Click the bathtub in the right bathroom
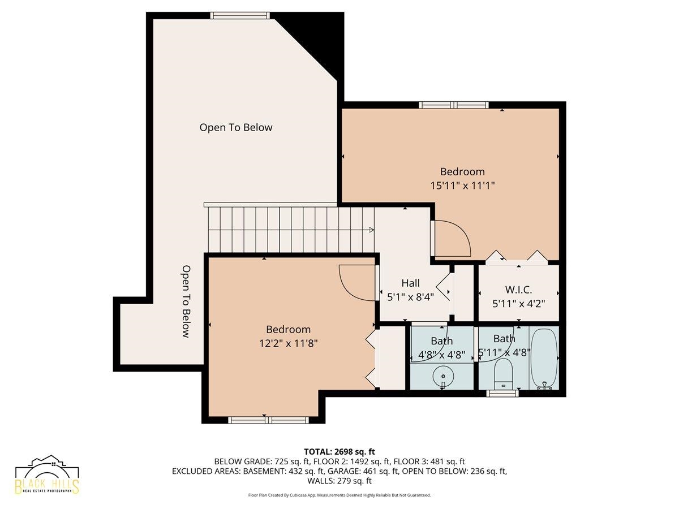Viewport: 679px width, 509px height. (x=544, y=359)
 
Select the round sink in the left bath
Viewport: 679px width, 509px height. (x=443, y=376)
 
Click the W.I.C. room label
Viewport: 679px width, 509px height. (x=518, y=290)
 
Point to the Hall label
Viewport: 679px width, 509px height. (x=410, y=283)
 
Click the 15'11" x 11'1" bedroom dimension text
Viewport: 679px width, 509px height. (x=462, y=186)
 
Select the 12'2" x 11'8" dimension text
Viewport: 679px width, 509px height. (x=289, y=343)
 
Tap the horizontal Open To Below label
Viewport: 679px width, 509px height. (x=236, y=127)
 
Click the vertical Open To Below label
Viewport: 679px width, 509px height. (x=186, y=301)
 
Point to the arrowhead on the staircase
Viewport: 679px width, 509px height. (x=371, y=230)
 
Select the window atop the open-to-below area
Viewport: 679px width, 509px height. (x=240, y=15)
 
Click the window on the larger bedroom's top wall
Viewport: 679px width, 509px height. (x=454, y=105)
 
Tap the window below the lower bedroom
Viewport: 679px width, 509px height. (x=269, y=420)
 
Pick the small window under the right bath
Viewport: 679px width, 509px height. (x=502, y=394)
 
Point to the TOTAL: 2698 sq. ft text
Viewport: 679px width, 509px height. (x=339, y=452)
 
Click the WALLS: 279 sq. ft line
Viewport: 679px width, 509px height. (x=339, y=481)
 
